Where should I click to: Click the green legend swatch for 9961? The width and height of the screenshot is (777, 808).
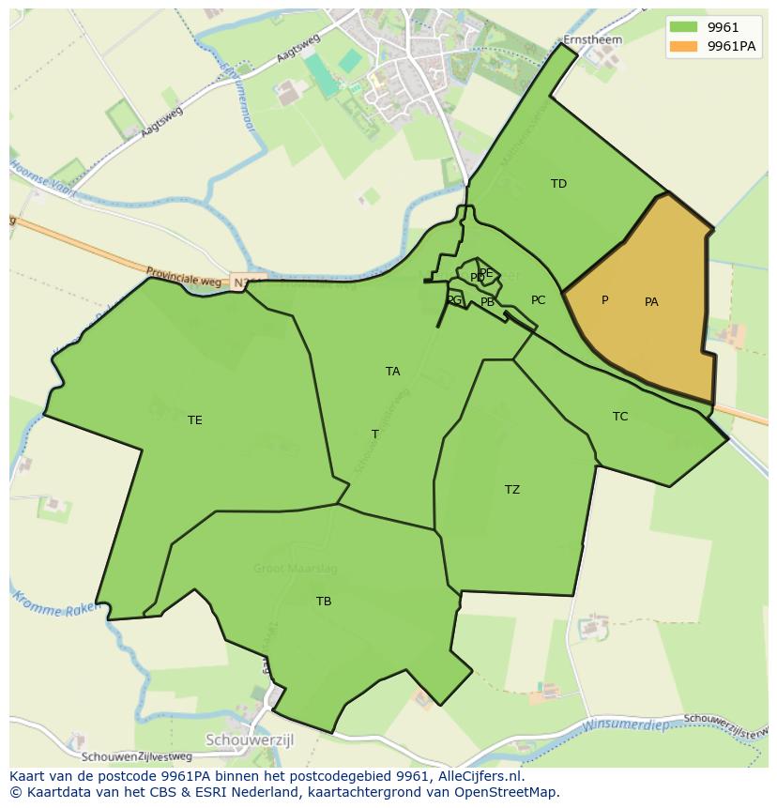[x=683, y=28]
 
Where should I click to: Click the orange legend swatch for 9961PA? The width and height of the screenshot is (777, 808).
[x=683, y=45]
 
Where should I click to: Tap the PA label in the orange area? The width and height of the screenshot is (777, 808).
[x=651, y=302]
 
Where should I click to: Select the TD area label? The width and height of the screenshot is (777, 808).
[x=558, y=184]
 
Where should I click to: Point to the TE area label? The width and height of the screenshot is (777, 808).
[x=194, y=420]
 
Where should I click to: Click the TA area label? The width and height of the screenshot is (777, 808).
[x=392, y=372]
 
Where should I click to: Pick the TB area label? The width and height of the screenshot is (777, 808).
[x=324, y=602]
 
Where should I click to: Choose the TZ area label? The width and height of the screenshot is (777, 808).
[x=511, y=490]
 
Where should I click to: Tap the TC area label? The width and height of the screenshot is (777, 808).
[x=620, y=417]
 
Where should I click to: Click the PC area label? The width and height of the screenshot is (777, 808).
[x=538, y=301]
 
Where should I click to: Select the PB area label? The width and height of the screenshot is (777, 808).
[x=487, y=302]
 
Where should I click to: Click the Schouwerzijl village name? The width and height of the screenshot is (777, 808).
[x=254, y=739]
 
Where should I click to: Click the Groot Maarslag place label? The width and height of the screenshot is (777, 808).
[x=295, y=569]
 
